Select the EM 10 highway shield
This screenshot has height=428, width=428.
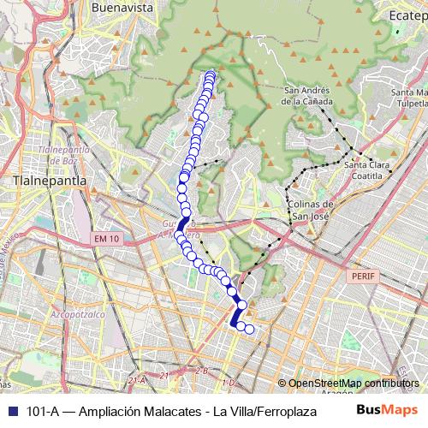tap(105, 239)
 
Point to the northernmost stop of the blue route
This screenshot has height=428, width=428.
tap(211, 74)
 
